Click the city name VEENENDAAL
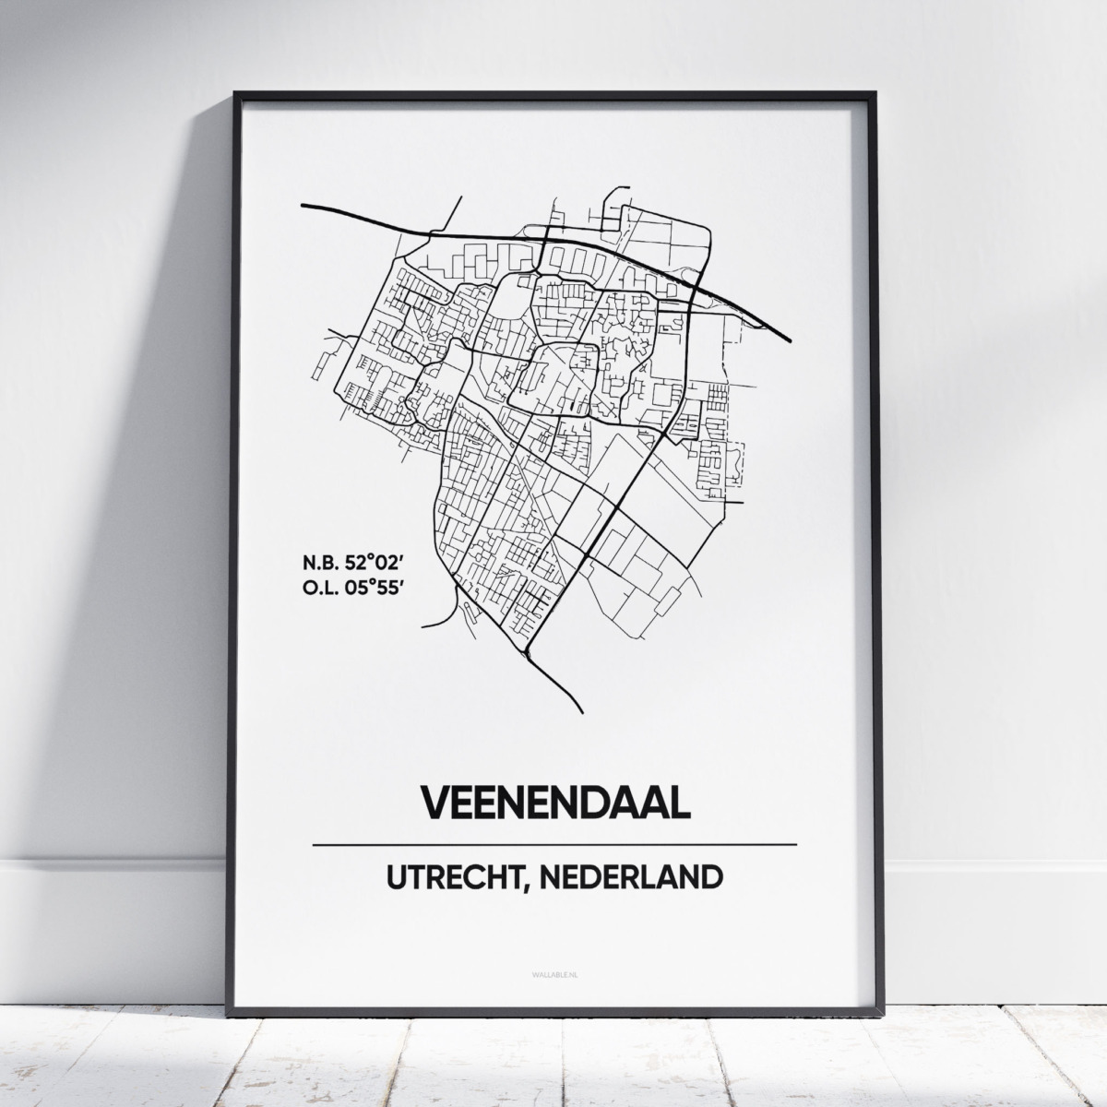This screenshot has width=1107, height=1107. tap(555, 802)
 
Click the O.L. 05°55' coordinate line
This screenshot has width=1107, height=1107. tap(352, 589)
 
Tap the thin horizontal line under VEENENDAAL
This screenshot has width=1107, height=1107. tap(555, 844)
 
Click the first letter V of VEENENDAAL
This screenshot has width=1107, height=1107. tap(435, 802)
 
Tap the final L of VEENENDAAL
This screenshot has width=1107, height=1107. tap(679, 802)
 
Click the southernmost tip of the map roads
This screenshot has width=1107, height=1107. tap(582, 711)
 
